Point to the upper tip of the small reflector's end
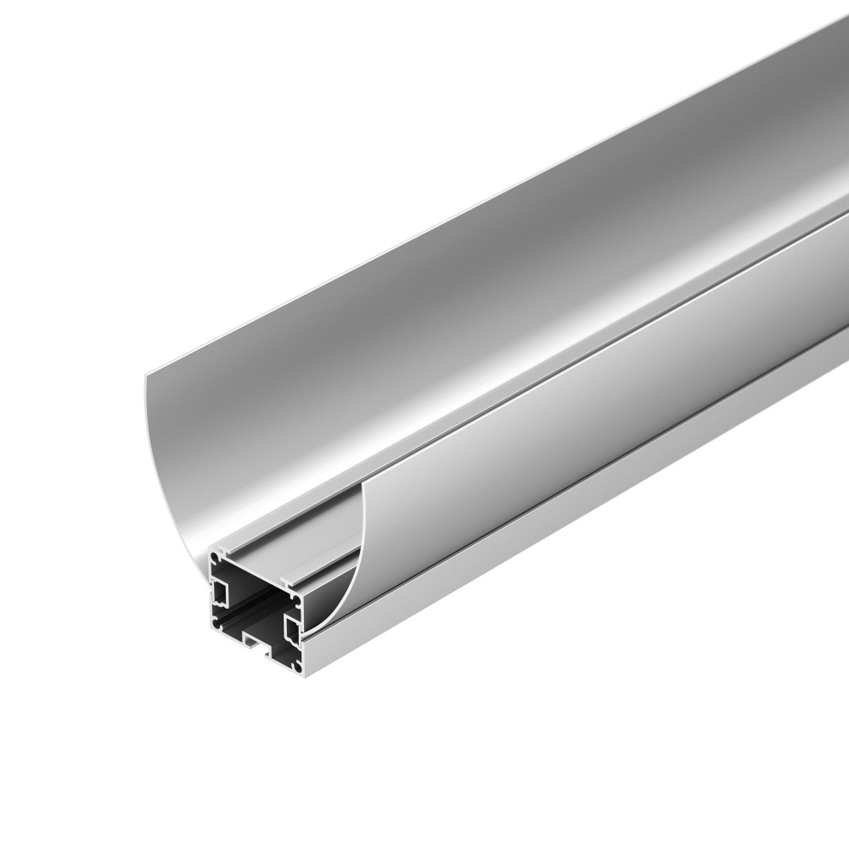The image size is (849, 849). pyautogui.click(x=366, y=483)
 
